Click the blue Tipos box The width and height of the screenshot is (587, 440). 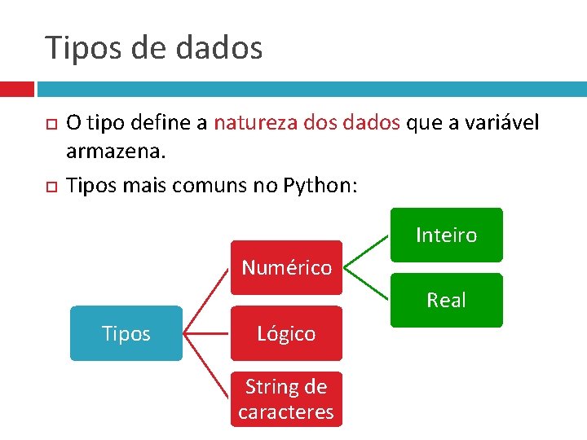[126, 333]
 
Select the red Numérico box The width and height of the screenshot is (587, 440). [286, 267]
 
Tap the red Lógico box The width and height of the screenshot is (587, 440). [286, 333]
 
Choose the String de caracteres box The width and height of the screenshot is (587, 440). [286, 399]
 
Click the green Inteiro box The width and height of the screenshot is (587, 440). [446, 235]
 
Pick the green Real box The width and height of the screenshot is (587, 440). [446, 300]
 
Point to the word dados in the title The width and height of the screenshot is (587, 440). [219, 47]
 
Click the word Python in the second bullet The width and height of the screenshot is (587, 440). [320, 185]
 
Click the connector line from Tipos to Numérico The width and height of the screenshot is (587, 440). [206, 301]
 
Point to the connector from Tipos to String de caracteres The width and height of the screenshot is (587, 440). [206, 366]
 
